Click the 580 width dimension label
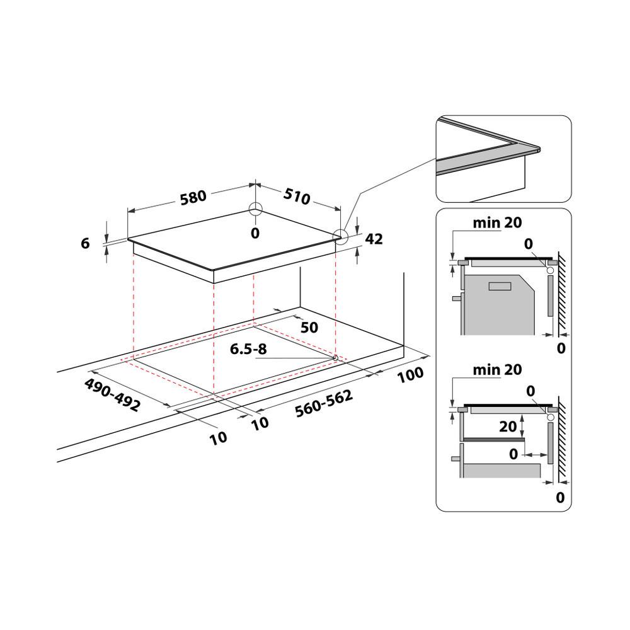pos(193,196)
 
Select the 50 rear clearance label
pos(309,328)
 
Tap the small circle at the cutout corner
pos(335,358)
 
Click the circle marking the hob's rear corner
pos(255,210)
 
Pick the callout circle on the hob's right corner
pos(340,236)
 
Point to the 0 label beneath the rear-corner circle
pos(255,234)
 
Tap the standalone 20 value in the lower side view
pos(508,427)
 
